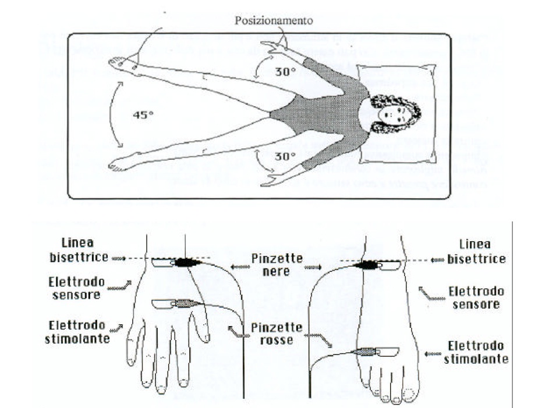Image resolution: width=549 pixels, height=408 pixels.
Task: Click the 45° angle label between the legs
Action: [x=143, y=115]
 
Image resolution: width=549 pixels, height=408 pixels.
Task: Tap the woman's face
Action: [x=388, y=112]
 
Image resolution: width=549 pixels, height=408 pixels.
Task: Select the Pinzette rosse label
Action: [x=278, y=334]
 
